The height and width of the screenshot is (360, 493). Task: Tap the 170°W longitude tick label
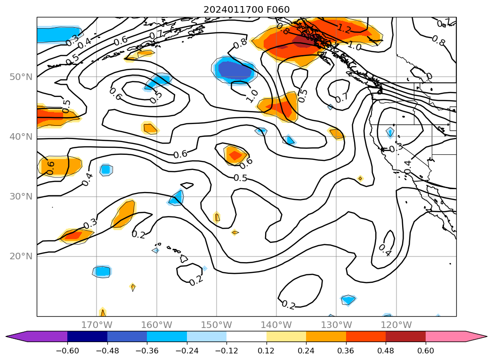pyautogui.click(x=97, y=325)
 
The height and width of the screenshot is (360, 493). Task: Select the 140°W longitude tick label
pyautogui.click(x=276, y=325)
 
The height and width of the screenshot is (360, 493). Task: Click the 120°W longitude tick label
pyautogui.click(x=396, y=325)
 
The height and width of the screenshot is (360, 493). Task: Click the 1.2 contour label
pyautogui.click(x=344, y=28)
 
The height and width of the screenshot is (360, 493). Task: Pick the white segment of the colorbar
pyautogui.click(x=246, y=336)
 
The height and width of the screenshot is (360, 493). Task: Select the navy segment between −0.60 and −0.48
pyautogui.click(x=87, y=336)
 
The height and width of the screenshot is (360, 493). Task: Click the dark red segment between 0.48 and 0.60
pyautogui.click(x=405, y=336)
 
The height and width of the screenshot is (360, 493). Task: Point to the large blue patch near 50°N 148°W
pyautogui.click(x=234, y=70)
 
